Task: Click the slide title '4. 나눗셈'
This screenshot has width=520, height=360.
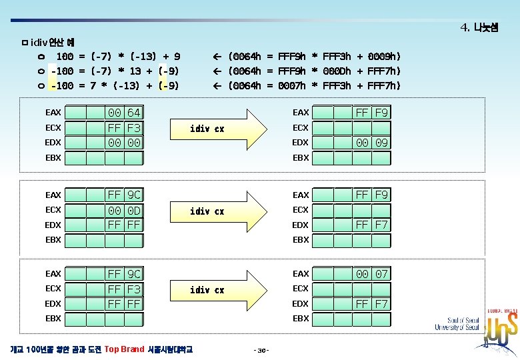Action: point(479,27)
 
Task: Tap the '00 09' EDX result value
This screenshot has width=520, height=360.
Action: point(371,142)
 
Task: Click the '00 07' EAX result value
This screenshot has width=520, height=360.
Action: point(371,273)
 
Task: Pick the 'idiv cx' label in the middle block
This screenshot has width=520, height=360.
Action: point(207,211)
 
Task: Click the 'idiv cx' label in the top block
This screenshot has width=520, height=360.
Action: point(207,128)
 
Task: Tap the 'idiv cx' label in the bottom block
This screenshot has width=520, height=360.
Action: point(207,290)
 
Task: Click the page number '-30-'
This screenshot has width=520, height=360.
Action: point(261,350)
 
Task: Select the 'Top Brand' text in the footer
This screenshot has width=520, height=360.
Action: point(125,349)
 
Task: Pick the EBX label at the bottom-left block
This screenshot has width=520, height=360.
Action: point(53,318)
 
